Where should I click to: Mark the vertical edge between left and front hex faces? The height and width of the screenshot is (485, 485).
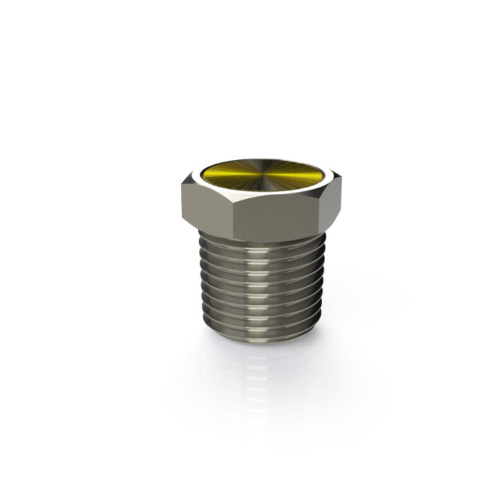[233, 215]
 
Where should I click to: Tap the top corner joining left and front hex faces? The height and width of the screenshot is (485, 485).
[232, 201]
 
